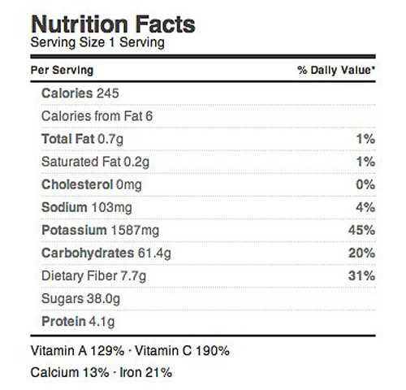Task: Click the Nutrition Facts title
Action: pyautogui.click(x=113, y=24)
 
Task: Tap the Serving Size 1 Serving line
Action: pyautogui.click(x=97, y=43)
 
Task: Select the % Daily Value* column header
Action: pyautogui.click(x=336, y=70)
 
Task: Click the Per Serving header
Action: pyautogui.click(x=62, y=70)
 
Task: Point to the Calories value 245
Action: pyautogui.click(x=108, y=93)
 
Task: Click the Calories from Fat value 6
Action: pyautogui.click(x=149, y=116)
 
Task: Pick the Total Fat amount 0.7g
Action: pyautogui.click(x=110, y=140)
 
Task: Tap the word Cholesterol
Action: pyautogui.click(x=77, y=184)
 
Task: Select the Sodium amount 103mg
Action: pyautogui.click(x=112, y=208)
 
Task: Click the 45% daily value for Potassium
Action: pyautogui.click(x=361, y=230)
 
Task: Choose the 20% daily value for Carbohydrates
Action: pyautogui.click(x=361, y=253)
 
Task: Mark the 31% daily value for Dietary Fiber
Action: pyautogui.click(x=361, y=275)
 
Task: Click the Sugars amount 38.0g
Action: pyautogui.click(x=103, y=300)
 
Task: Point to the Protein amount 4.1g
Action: pyautogui.click(x=101, y=323)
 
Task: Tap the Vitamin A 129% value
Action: pyautogui.click(x=77, y=351)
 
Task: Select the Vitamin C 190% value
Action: pyautogui.click(x=182, y=351)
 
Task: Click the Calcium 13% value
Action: pyautogui.click(x=70, y=372)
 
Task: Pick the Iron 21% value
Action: pyautogui.click(x=146, y=372)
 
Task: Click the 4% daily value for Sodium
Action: pyautogui.click(x=365, y=207)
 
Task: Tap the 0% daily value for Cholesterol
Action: pyautogui.click(x=365, y=184)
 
